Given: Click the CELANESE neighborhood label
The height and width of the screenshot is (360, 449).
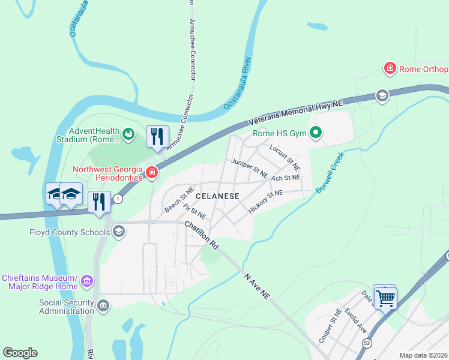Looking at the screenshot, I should tap(217, 196).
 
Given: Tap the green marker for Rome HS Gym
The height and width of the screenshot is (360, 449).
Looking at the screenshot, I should tap(316, 134).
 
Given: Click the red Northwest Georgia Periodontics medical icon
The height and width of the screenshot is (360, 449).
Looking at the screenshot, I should tap(152, 173).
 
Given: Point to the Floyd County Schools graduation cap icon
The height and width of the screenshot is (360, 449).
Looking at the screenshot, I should tap(119, 232).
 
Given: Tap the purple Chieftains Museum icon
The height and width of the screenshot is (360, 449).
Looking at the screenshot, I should tap(87, 281).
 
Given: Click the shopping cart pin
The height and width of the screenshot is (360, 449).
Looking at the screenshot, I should tap(385, 296).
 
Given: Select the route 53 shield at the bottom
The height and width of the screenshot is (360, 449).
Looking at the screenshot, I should tap(367, 343).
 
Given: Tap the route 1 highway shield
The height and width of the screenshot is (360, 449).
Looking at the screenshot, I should tap(118, 199).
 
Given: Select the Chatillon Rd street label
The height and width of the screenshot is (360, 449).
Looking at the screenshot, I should tap(200, 235).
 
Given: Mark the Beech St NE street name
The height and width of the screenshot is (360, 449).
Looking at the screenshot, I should tap(179, 199).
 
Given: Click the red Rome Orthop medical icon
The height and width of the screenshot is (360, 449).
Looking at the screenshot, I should tap(390, 69).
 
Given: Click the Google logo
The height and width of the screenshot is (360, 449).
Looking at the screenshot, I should tap(20, 352).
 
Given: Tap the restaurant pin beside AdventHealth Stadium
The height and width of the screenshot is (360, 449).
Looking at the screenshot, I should tap(157, 136).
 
